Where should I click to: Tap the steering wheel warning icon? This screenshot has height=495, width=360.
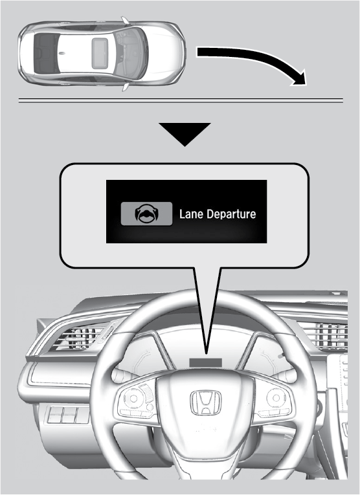[146, 214]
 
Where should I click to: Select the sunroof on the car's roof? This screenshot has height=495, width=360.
[100, 53]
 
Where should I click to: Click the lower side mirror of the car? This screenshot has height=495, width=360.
[126, 87]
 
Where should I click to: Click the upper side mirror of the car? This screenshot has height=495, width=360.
[125, 21]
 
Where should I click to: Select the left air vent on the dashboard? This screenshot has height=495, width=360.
[83, 338]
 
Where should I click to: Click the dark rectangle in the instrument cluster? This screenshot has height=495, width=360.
[206, 363]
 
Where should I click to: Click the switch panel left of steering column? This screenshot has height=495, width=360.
[68, 415]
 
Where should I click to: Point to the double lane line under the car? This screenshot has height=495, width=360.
[181, 101]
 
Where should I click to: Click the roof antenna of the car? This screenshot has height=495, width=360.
[62, 52]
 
